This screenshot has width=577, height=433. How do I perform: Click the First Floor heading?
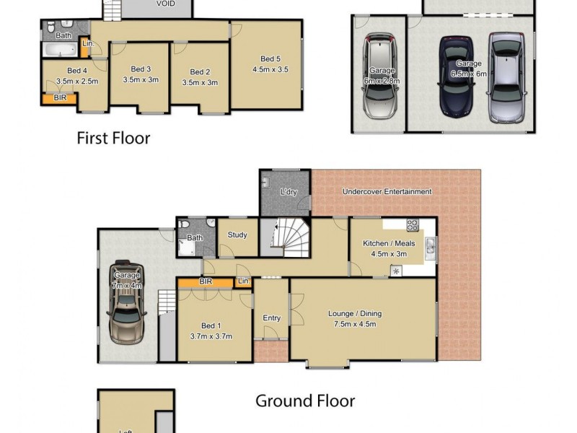point(113,138)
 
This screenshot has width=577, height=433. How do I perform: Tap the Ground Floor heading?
point(305,401)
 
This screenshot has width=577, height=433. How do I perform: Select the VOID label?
point(166,4)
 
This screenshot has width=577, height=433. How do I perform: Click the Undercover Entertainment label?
point(387,191)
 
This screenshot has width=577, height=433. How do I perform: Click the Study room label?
point(237,235)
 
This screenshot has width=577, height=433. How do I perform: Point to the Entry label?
point(272,318)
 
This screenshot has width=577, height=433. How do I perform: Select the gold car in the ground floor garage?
point(129,305)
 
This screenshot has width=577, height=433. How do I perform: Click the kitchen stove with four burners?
point(413,224)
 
